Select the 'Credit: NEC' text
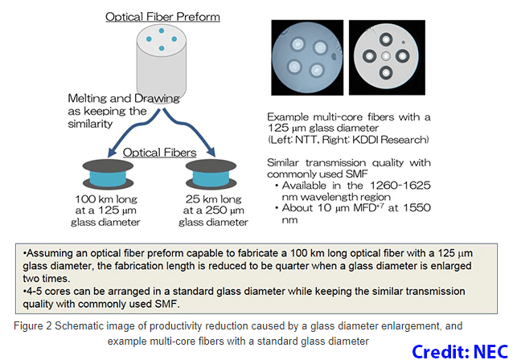pyautogui.click(x=461, y=350)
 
